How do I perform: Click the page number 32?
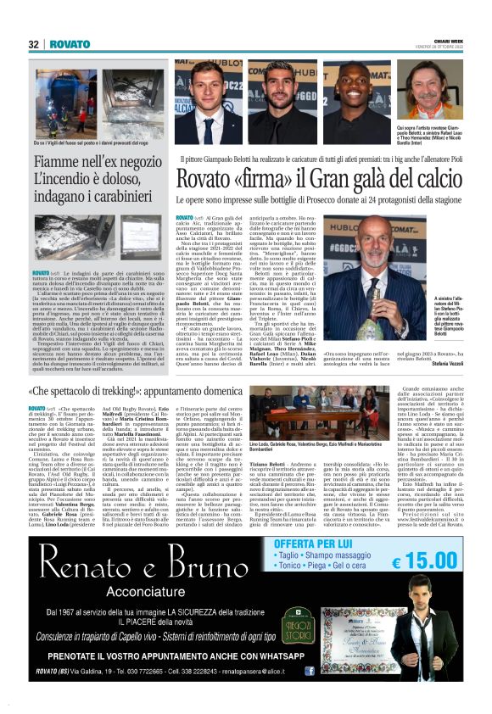point(33,44)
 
